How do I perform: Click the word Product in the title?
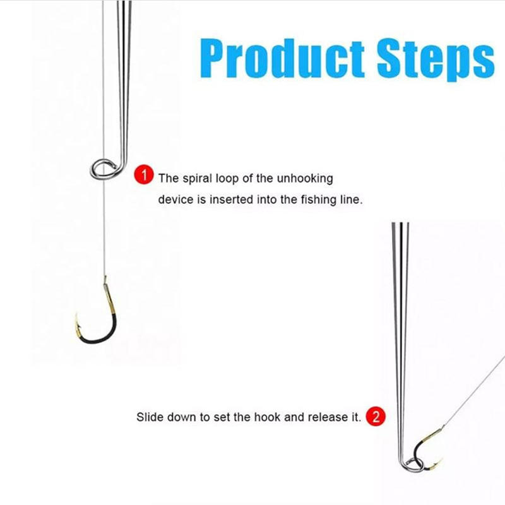tap(282, 59)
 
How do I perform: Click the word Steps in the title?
tap(436, 61)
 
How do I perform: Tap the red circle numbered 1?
tap(144, 175)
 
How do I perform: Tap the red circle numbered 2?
tap(376, 417)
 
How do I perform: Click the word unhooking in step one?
tap(305, 179)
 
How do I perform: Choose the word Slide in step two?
tap(150, 417)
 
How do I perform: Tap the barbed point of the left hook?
tap(77, 316)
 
